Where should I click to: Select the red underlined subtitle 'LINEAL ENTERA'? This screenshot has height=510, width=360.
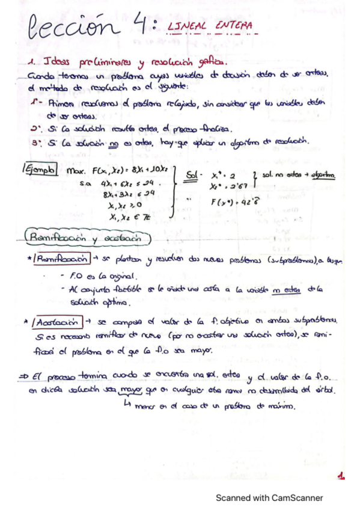[x=209, y=26]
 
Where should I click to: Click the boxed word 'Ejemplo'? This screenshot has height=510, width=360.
[x=40, y=170]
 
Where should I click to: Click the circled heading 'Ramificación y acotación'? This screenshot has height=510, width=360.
[x=87, y=238]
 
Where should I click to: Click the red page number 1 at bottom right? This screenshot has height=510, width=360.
[x=341, y=476]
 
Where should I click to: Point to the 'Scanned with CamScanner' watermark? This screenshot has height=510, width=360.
[x=269, y=498]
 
